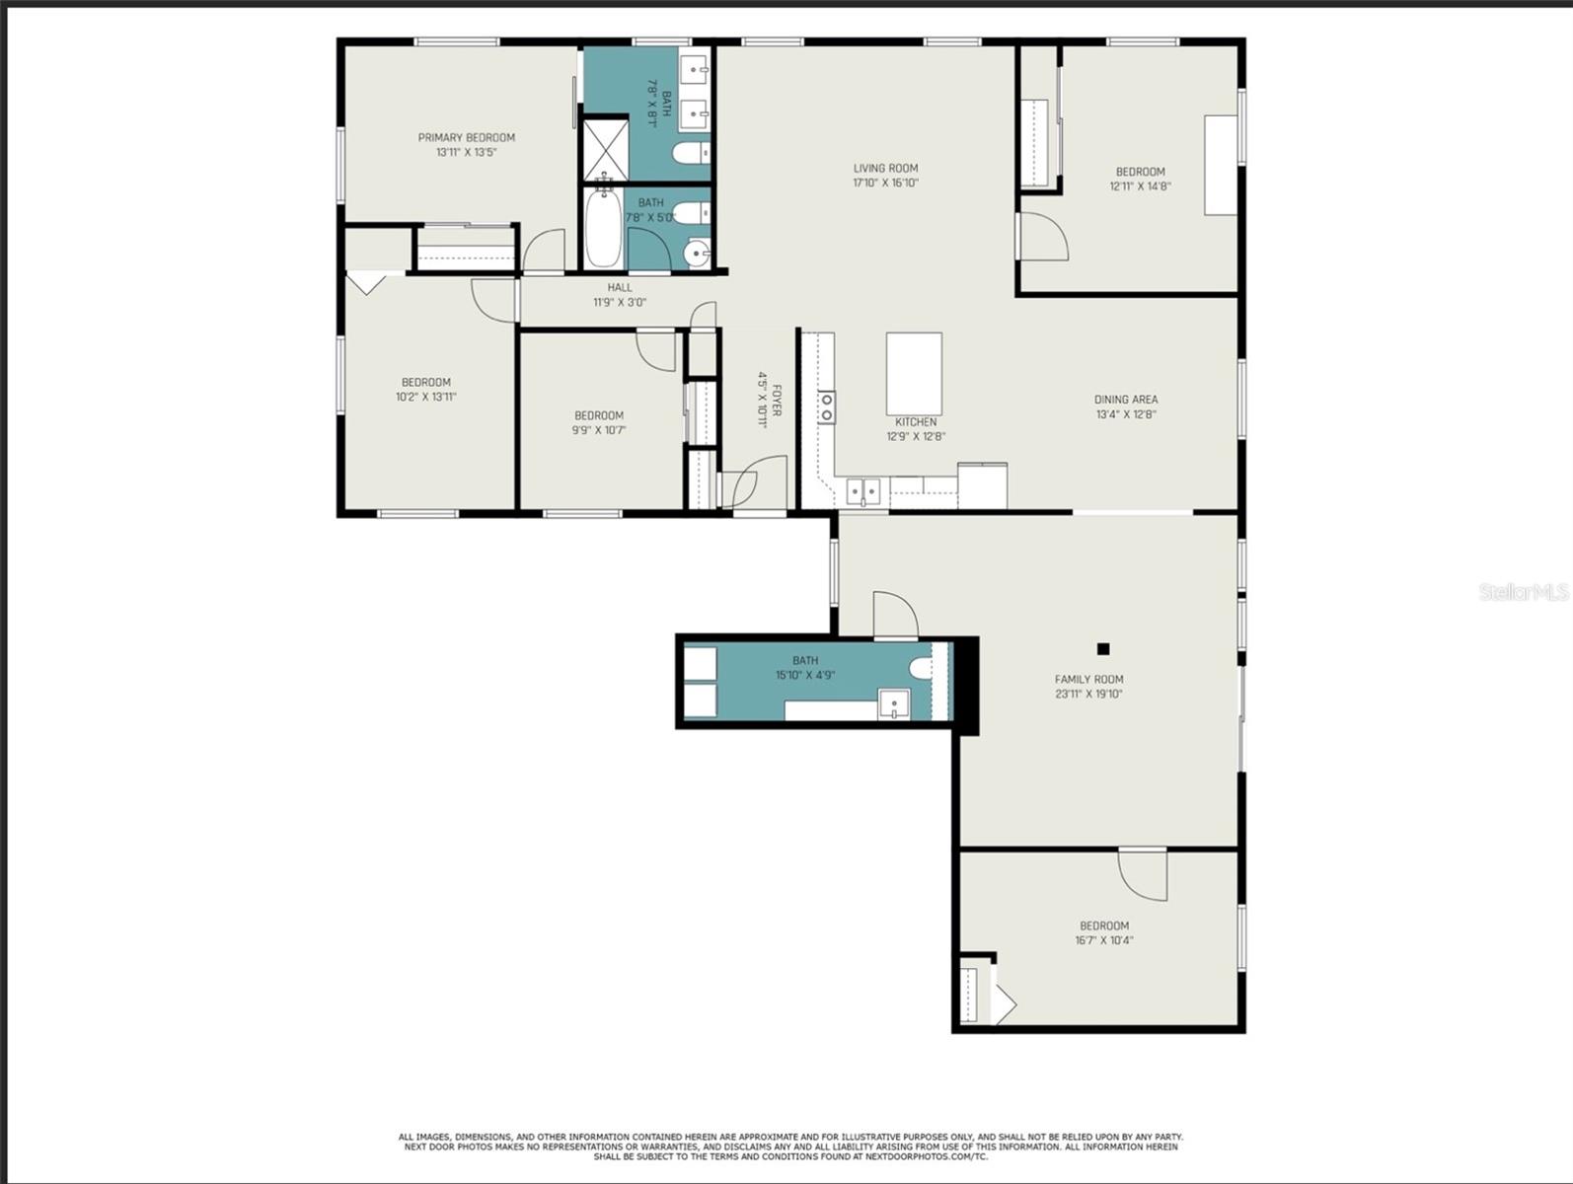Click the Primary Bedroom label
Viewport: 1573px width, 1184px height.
click(x=467, y=137)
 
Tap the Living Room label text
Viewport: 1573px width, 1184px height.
click(x=886, y=169)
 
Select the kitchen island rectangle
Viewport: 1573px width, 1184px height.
click(x=914, y=374)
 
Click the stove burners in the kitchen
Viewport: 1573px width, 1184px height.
click(x=826, y=407)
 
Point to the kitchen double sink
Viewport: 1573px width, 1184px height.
click(x=862, y=491)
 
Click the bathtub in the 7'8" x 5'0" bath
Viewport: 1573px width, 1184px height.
click(x=603, y=229)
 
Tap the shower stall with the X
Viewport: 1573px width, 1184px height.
click(x=605, y=150)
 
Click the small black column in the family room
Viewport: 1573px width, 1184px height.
click(x=1103, y=649)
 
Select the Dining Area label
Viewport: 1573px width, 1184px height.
click(x=1126, y=400)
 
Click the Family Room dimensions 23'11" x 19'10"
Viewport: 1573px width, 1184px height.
click(x=1088, y=694)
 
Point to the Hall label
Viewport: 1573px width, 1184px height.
click(x=620, y=288)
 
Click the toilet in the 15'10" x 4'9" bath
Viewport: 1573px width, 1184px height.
click(x=922, y=668)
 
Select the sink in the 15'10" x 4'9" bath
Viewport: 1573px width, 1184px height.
click(x=894, y=704)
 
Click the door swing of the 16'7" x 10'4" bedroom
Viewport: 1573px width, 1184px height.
click(x=1143, y=874)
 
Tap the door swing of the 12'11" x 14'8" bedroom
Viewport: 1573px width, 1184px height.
click(x=1044, y=237)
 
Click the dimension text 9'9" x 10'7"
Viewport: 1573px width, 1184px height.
click(x=599, y=430)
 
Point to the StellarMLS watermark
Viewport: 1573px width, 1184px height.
click(x=1524, y=592)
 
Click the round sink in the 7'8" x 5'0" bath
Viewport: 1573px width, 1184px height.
click(x=695, y=253)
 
